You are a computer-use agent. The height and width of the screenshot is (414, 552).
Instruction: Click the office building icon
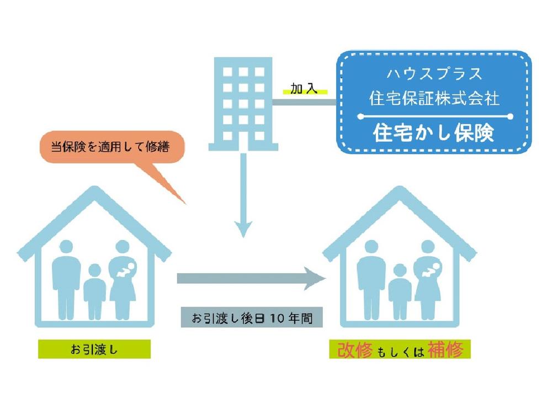(x=243, y=104)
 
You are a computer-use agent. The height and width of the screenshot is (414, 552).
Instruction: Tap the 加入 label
(x=304, y=88)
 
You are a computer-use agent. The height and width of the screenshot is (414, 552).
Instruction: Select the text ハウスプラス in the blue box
(x=434, y=74)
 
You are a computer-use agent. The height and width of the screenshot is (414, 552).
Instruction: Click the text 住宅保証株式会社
(x=434, y=98)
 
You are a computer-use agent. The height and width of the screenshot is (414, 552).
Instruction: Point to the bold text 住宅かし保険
(x=434, y=132)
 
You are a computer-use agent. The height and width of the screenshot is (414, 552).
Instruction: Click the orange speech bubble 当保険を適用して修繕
(x=113, y=147)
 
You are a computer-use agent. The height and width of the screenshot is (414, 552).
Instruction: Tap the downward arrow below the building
(x=243, y=195)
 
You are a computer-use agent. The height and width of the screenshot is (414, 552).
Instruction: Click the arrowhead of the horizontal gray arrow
(x=315, y=278)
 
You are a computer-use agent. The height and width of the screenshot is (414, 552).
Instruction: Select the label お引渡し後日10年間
(x=252, y=318)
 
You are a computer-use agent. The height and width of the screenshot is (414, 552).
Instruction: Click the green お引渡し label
(x=94, y=349)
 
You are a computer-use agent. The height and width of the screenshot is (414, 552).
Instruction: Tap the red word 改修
(x=354, y=349)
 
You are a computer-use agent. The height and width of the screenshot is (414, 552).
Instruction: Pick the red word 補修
(x=445, y=349)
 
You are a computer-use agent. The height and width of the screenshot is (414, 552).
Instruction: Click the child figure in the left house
(x=95, y=292)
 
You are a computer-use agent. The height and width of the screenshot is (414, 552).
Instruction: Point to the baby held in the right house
(x=432, y=269)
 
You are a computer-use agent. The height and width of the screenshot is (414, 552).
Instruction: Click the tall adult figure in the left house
(x=66, y=280)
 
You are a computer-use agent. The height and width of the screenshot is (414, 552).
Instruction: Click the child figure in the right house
(x=400, y=292)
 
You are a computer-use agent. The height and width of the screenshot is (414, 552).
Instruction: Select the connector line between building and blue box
(x=305, y=103)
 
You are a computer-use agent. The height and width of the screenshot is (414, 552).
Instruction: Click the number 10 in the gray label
(x=277, y=319)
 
